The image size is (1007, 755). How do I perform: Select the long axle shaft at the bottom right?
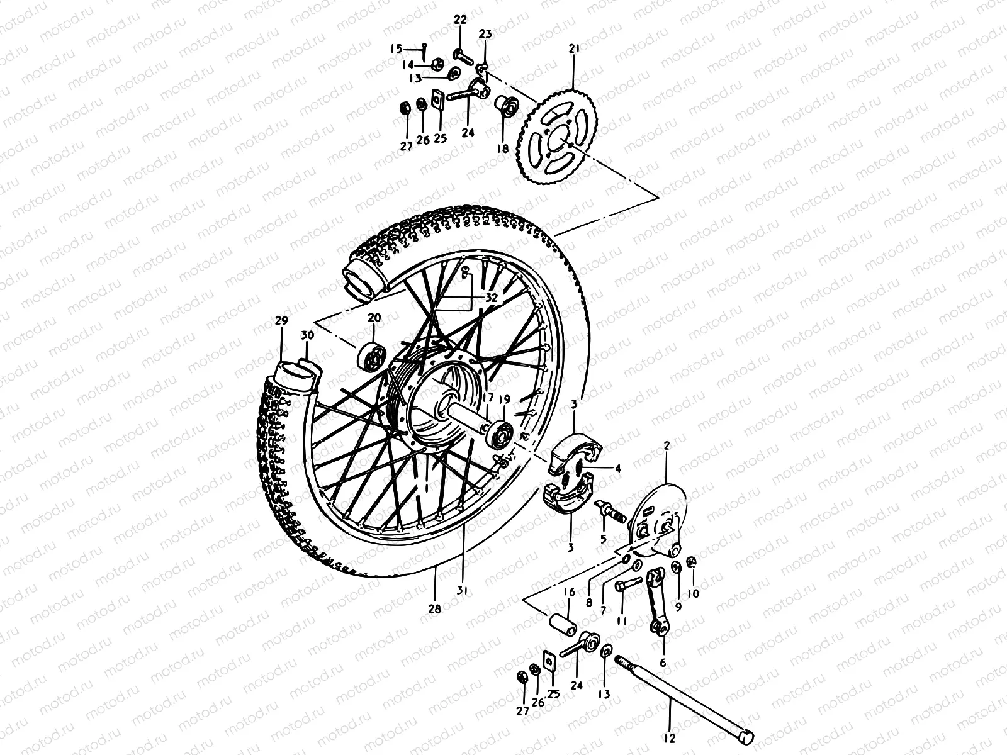[686, 693]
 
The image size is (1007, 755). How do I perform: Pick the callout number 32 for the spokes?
[491, 298]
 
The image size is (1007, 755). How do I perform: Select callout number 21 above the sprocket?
[573, 48]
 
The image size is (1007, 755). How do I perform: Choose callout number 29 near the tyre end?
[281, 320]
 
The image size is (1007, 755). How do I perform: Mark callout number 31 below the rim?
[466, 591]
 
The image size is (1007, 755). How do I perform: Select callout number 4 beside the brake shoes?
[618, 468]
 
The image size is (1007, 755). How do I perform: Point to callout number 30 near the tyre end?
[307, 335]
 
